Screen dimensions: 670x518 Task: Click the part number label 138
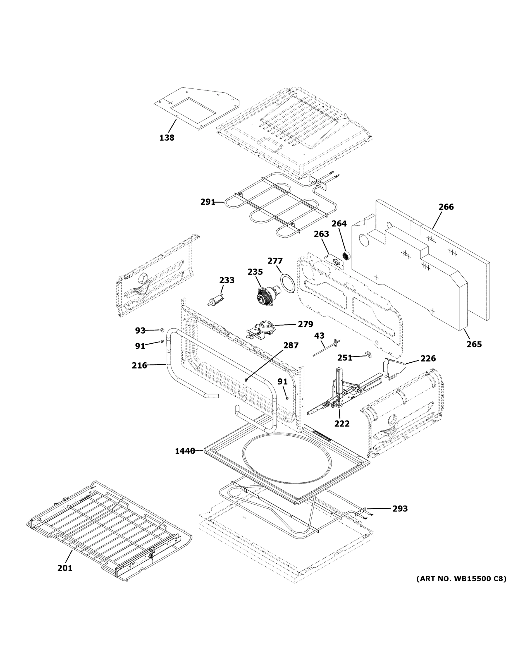coord(167,138)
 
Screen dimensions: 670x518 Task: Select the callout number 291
coord(208,202)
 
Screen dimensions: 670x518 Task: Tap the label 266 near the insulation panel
coord(446,207)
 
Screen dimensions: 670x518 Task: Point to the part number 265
coord(474,344)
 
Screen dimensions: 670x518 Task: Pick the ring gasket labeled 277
coord(287,282)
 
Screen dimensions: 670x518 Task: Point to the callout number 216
coord(139,365)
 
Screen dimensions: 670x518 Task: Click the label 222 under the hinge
coord(342,424)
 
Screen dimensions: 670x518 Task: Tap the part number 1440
coord(185,451)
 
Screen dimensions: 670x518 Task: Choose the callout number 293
coord(400,509)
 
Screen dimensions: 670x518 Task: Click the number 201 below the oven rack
coord(65,568)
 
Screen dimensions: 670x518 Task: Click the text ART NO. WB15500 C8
coord(461,579)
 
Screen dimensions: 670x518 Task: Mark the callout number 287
coord(291,345)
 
